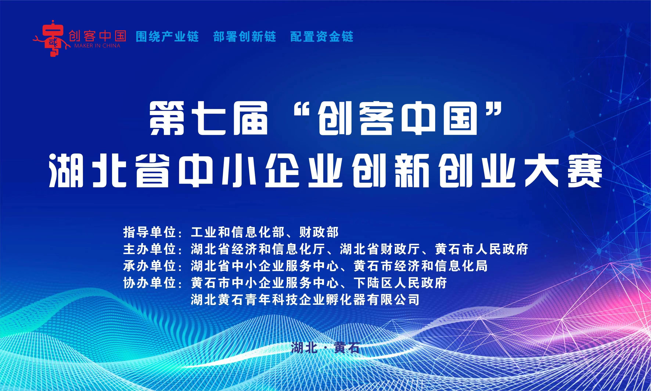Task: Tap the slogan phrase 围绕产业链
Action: point(167,36)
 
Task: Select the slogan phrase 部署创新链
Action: point(244,36)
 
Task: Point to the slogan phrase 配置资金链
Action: point(322,36)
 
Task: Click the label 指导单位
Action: point(149,232)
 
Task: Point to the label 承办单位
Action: point(149,266)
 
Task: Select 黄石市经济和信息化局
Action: point(421,266)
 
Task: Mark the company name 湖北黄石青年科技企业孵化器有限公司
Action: point(305,300)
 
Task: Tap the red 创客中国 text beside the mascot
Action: point(97,36)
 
